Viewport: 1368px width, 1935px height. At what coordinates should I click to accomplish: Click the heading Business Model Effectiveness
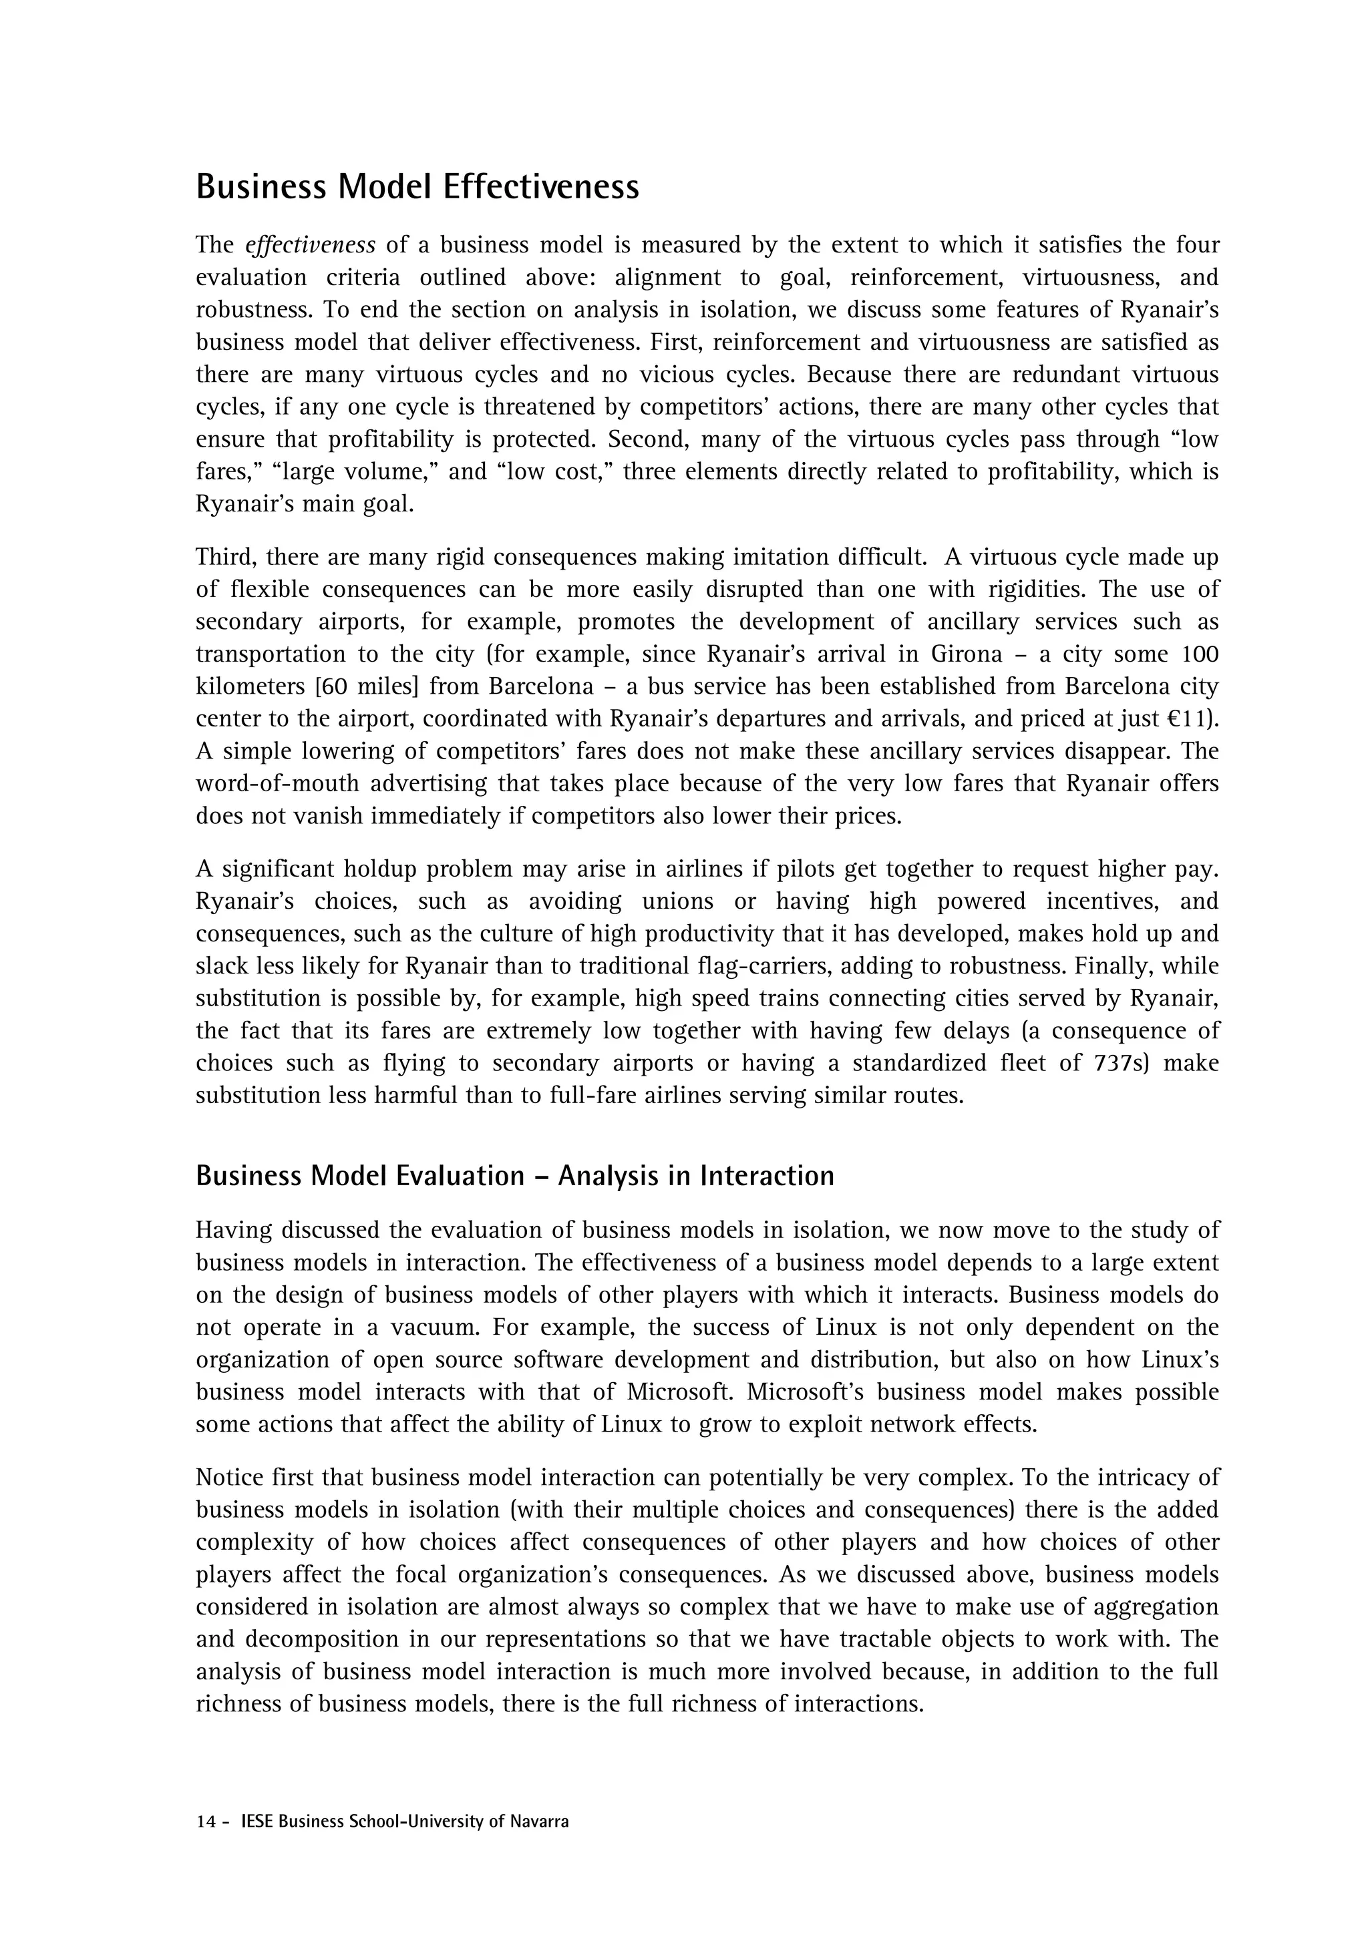417,186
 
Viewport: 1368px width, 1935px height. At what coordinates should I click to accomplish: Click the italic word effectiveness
310,245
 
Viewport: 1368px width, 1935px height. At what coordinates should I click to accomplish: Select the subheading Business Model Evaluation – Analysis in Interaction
514,1176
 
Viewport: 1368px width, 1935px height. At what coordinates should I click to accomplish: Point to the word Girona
967,654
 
